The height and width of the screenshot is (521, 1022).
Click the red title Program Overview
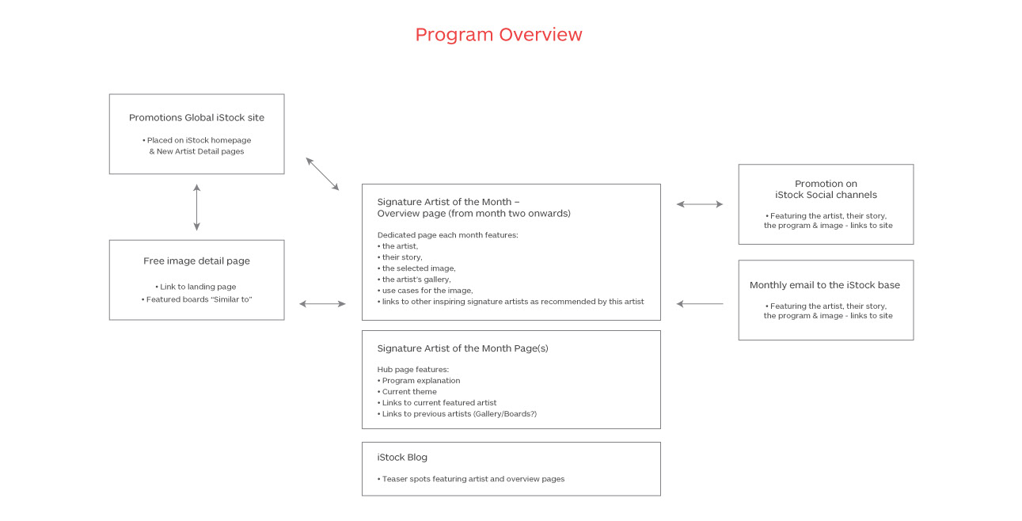click(x=499, y=35)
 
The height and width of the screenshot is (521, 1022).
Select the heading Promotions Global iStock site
click(x=196, y=117)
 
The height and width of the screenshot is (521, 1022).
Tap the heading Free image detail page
click(x=196, y=261)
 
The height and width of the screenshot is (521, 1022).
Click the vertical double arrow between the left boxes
click(x=196, y=207)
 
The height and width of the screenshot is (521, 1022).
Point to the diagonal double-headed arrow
click(x=322, y=174)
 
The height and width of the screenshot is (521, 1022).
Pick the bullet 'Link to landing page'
click(x=196, y=287)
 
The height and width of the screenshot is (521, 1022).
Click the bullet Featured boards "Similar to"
click(x=196, y=299)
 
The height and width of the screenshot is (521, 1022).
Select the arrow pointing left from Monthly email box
click(x=700, y=303)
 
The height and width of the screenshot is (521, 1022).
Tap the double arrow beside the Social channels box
click(x=700, y=204)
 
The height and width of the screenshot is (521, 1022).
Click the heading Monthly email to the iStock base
click(x=825, y=285)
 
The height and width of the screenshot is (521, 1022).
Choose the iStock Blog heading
click(x=402, y=457)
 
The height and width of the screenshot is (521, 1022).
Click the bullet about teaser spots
click(x=471, y=479)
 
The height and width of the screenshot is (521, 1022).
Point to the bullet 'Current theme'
click(x=407, y=391)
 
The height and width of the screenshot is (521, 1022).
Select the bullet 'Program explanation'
click(x=419, y=381)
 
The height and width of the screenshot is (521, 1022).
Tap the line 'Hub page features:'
click(x=413, y=370)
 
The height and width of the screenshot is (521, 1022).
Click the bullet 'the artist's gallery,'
click(x=414, y=280)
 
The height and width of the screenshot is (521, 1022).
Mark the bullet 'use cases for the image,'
click(x=425, y=291)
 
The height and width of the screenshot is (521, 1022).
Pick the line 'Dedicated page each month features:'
click(x=447, y=235)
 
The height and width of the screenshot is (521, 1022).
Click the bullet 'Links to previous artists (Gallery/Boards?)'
click(x=457, y=414)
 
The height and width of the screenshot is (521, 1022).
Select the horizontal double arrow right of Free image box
click(x=322, y=303)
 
